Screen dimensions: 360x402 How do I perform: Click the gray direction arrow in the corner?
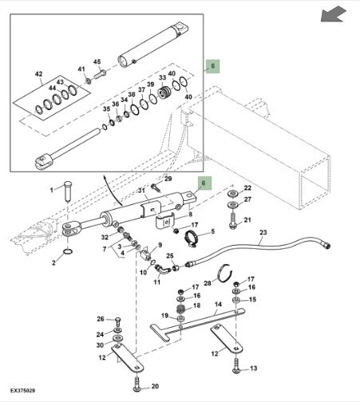click(x=333, y=14)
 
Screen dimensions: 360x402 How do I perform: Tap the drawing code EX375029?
click(x=22, y=391)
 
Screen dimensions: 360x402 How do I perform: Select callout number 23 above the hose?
click(x=263, y=232)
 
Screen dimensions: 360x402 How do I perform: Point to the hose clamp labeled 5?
click(x=192, y=238)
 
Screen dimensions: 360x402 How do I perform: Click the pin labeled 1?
click(x=68, y=191)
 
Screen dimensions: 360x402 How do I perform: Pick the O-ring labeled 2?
click(x=69, y=251)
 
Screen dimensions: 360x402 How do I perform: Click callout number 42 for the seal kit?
click(x=39, y=73)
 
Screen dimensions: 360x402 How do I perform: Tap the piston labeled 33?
click(x=164, y=93)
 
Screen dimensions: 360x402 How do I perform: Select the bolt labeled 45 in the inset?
click(x=100, y=73)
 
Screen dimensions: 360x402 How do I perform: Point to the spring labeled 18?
click(x=182, y=309)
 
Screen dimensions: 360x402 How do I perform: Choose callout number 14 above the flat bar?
click(x=218, y=304)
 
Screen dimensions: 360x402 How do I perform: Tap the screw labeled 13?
click(x=236, y=365)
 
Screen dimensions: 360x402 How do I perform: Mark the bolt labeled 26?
click(x=118, y=321)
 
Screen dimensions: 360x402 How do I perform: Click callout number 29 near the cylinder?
click(x=168, y=179)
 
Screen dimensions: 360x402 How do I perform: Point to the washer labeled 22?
click(x=233, y=193)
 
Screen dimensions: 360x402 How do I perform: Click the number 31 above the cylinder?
click(x=141, y=191)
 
